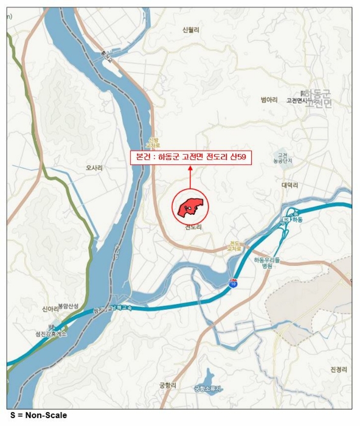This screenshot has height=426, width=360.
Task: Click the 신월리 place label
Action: [191, 29]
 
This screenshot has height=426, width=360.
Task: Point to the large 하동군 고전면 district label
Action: [317, 98]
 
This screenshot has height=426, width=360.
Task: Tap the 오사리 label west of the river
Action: [94, 167]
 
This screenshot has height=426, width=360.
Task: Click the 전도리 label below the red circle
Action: [193, 228]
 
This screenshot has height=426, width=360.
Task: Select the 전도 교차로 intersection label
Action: [235, 246]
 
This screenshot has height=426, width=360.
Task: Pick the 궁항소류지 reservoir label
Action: [208, 388]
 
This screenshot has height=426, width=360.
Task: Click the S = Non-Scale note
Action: [38, 416]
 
